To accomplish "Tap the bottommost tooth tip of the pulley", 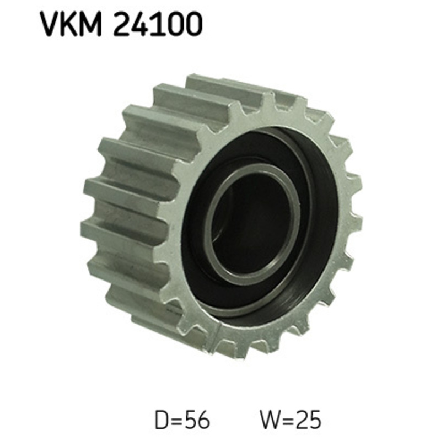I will point(229,353).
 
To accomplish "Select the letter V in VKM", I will point(50,25).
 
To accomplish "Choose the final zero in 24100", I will point(192,25).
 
